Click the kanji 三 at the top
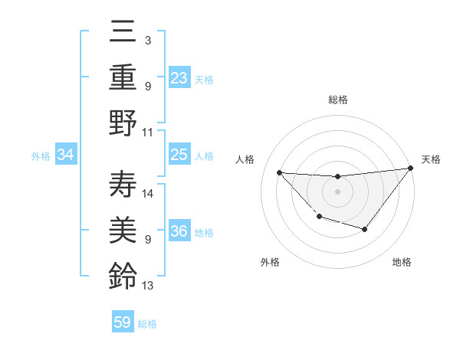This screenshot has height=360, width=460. tap(123, 33)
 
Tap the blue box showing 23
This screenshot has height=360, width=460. tap(179, 77)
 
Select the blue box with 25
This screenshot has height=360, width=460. tap(179, 155)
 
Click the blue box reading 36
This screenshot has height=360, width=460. tap(179, 232)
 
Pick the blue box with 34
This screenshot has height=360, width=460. tap(66, 155)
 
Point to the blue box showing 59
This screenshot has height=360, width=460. tap(123, 322)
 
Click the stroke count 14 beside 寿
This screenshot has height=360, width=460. tap(149, 193)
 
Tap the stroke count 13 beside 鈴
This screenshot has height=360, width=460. tap(148, 286)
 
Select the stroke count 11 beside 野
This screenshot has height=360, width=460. tap(148, 132)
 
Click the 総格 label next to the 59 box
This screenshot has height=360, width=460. tap(147, 324)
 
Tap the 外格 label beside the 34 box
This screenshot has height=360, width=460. tap(41, 156)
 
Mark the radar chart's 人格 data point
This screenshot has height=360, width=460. tap(279, 172)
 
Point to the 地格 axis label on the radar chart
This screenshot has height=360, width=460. tap(402, 262)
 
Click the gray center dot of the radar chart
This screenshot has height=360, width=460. tap(337, 191)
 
